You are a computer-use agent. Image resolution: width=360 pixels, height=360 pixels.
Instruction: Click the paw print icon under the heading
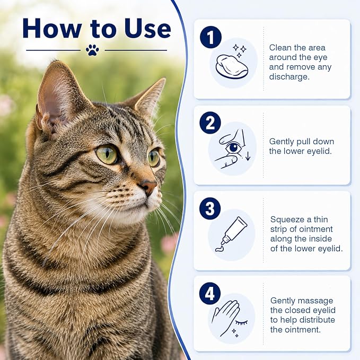pyautogui.click(x=92, y=50)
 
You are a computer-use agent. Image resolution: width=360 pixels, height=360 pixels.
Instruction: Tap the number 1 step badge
pyautogui.click(x=210, y=37)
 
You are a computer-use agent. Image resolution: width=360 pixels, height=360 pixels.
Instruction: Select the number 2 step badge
pyautogui.click(x=210, y=123)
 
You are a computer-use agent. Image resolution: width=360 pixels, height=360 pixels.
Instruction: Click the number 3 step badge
pyautogui.click(x=210, y=208)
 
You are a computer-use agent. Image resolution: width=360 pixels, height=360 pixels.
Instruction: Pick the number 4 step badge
pyautogui.click(x=210, y=294)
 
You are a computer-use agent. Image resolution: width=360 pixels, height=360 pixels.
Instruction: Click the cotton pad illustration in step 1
pyautogui.click(x=232, y=67)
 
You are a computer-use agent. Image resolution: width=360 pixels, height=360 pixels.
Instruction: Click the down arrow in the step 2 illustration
pyautogui.click(x=248, y=156)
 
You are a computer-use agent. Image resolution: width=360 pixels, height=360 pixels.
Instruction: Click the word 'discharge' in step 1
pyautogui.click(x=289, y=77)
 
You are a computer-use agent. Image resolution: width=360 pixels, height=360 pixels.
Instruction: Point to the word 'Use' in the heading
pyautogui.click(x=147, y=29)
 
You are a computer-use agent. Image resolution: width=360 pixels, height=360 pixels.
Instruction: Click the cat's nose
pyautogui.click(x=149, y=187)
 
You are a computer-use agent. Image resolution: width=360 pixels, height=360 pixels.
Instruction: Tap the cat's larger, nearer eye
pyautogui.click(x=107, y=154)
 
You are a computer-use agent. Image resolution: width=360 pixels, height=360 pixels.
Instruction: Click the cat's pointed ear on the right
pyautogui.click(x=151, y=97)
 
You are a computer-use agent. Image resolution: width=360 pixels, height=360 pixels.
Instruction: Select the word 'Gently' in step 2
pyautogui.click(x=282, y=142)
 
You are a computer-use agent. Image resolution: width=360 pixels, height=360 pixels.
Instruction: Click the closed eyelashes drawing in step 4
pyautogui.click(x=242, y=322)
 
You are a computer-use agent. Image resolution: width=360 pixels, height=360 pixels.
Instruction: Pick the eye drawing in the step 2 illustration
pyautogui.click(x=233, y=147)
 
